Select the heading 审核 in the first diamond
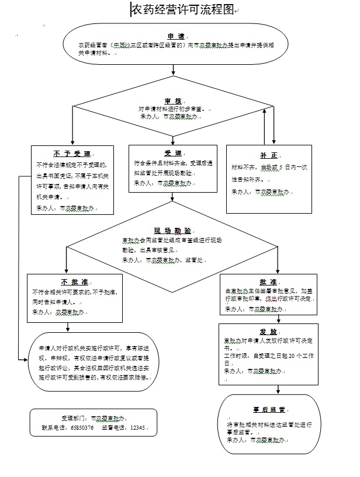(173, 101)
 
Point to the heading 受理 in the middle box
(173, 153)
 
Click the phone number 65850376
(82, 427)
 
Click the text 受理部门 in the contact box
(71, 419)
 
